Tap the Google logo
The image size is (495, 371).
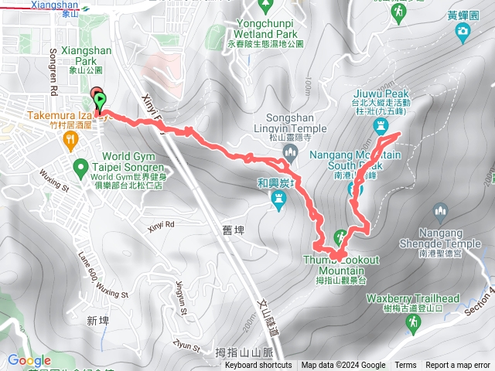click(29, 360)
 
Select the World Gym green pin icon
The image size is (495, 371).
click(80, 166)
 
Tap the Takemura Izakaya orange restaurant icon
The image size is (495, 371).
click(71, 138)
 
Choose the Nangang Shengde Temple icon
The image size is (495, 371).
click(441, 210)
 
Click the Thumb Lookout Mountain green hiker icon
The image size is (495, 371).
click(340, 237)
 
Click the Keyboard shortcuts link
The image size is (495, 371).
click(258, 366)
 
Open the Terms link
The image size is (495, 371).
click(405, 366)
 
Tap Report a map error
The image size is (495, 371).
click(459, 366)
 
